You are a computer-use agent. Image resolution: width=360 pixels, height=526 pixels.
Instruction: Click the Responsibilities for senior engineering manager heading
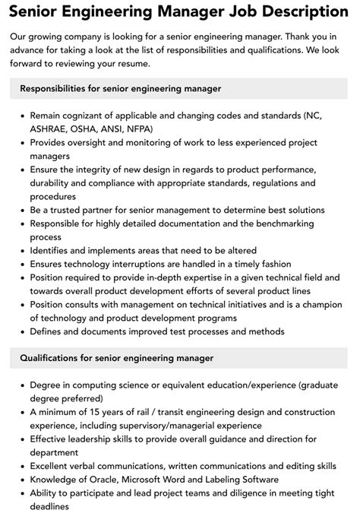tap(121, 89)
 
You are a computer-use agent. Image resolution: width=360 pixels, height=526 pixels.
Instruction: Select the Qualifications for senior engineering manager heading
tap(116, 358)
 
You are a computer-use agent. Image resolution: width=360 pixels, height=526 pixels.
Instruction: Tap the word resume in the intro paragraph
tap(152, 62)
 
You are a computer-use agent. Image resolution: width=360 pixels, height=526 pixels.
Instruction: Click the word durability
tap(52, 182)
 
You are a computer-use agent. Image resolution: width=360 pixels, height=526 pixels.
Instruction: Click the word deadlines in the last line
tap(55, 505)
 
